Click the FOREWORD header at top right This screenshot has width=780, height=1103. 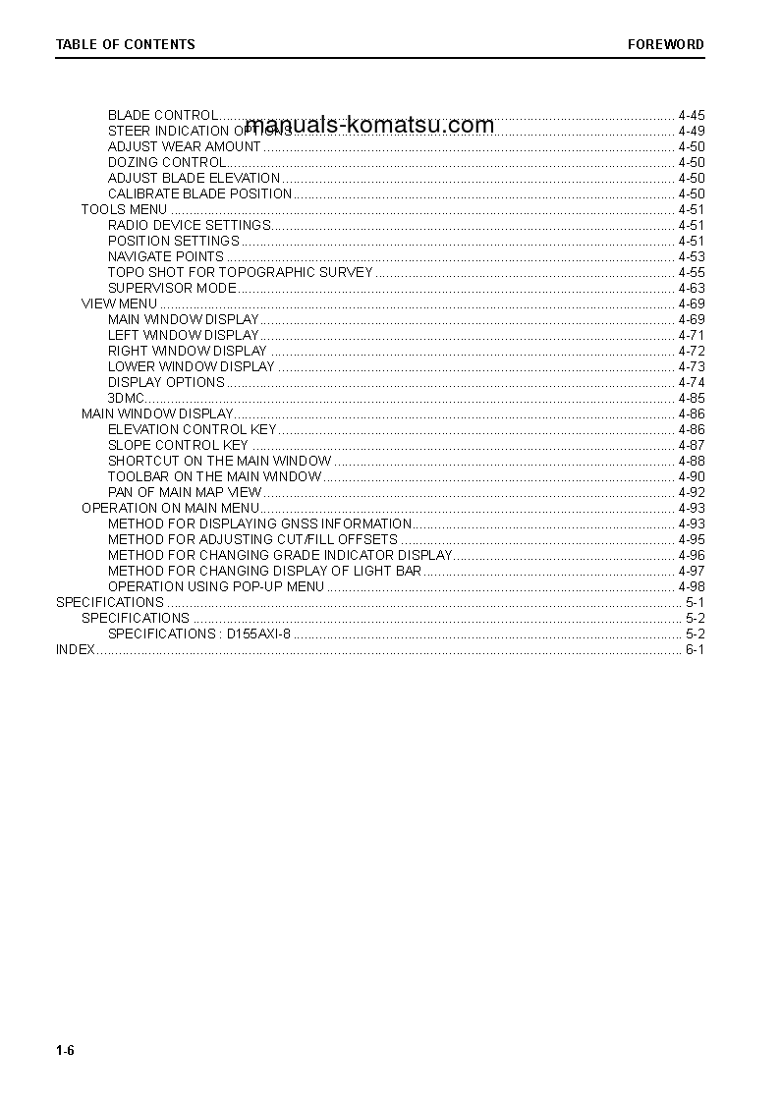point(666,44)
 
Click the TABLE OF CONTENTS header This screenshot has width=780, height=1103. point(125,44)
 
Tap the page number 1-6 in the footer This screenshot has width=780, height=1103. point(65,1051)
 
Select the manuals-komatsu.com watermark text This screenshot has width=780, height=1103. point(369,125)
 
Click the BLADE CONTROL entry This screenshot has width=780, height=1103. point(162,115)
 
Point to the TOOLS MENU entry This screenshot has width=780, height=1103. point(124,209)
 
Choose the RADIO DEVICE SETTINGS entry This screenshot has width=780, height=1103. point(189,225)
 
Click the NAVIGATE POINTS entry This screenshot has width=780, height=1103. point(165,256)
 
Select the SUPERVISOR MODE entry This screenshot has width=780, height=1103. point(172,288)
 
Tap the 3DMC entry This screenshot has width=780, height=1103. point(126,398)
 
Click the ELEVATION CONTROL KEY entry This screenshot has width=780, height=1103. point(192,429)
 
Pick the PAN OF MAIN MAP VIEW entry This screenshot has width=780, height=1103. point(185,492)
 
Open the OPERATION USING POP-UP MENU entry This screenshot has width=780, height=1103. point(215,586)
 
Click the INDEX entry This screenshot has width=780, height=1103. point(75,649)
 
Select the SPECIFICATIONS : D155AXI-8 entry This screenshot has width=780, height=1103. point(198,634)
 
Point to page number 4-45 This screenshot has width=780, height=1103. point(691,115)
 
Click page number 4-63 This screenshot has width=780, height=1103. point(691,288)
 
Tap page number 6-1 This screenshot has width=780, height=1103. point(695,649)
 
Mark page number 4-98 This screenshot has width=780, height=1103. point(691,586)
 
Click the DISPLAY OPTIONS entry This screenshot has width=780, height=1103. point(166,382)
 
